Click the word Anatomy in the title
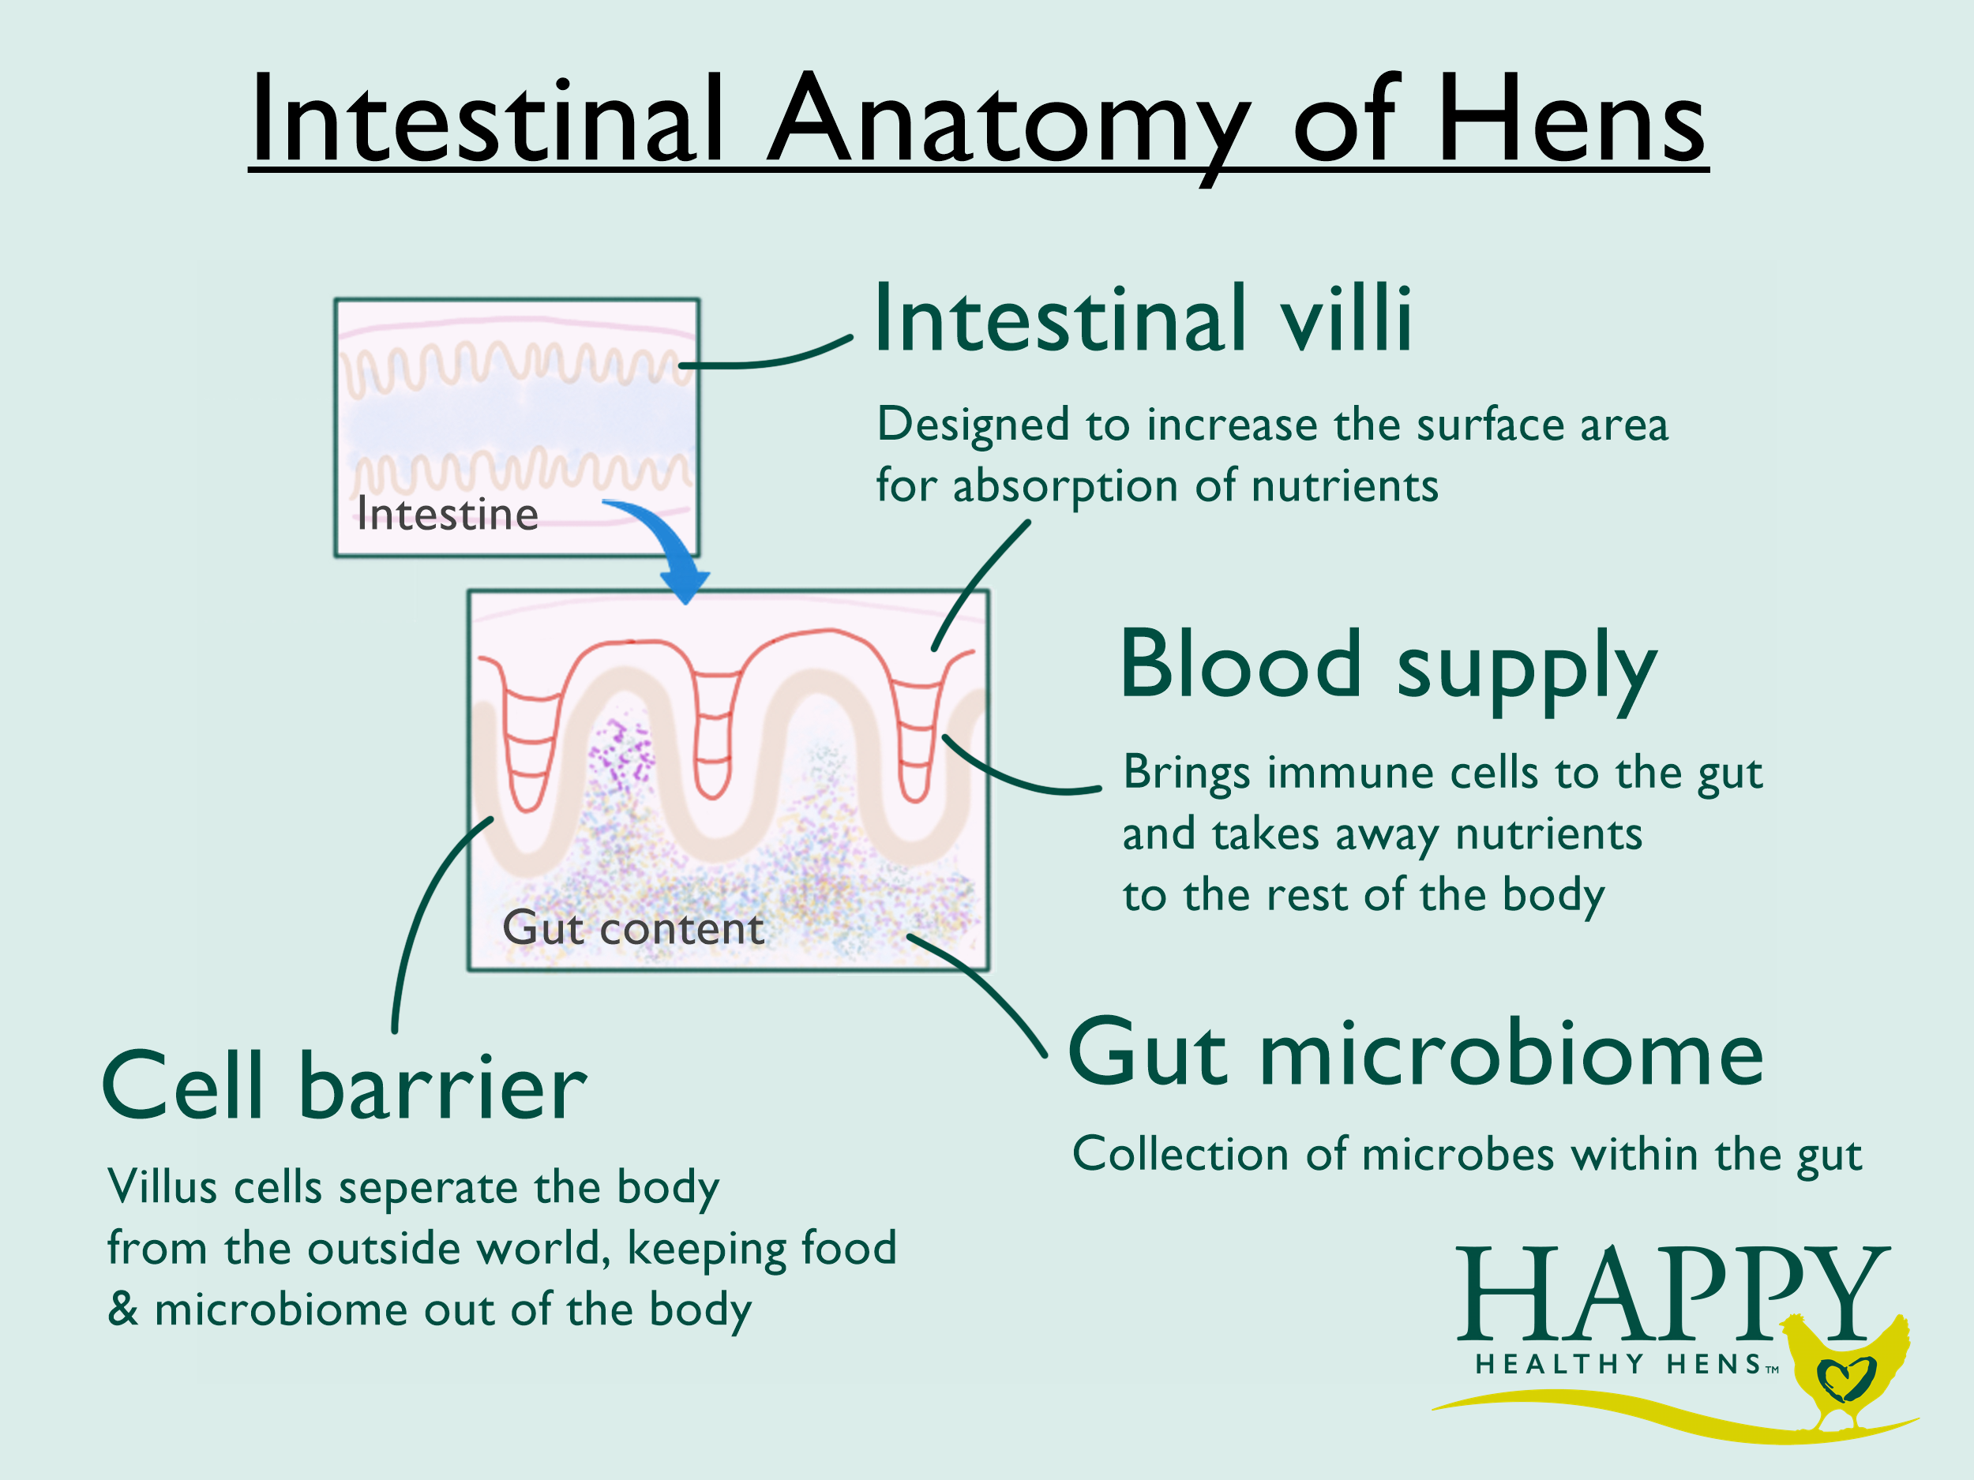[1008, 121]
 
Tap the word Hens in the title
[1571, 121]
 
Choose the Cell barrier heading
[344, 1087]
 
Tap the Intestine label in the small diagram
[447, 515]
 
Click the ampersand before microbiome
[123, 1310]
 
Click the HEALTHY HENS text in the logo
[1619, 1365]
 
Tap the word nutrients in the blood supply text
[1548, 835]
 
